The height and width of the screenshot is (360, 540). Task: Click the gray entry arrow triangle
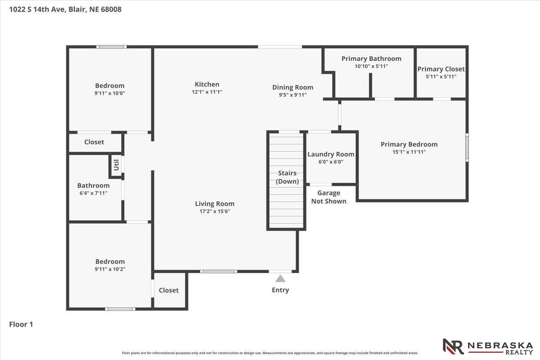[280, 279]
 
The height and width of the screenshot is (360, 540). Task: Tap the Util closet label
[117, 165]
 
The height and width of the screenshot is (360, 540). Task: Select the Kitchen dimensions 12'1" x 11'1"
[207, 92]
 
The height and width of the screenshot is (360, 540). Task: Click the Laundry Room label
[331, 154]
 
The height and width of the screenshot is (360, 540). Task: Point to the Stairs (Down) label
[287, 177]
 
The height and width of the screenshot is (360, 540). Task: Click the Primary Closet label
[441, 69]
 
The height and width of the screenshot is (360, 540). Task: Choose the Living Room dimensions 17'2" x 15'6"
[215, 211]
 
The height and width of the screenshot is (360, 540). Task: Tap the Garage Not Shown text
[329, 197]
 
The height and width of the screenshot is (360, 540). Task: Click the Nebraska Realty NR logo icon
[453, 347]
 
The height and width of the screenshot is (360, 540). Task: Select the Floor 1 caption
[21, 324]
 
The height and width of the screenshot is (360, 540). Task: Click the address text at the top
[65, 9]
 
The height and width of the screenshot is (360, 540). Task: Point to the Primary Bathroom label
[372, 58]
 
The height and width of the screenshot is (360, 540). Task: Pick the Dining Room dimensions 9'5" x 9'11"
[293, 95]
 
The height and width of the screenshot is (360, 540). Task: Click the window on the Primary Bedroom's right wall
[467, 147]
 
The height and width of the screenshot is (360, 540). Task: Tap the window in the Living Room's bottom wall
[219, 271]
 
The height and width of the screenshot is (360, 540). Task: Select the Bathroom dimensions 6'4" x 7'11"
[93, 193]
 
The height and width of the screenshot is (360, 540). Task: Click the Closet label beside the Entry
[169, 290]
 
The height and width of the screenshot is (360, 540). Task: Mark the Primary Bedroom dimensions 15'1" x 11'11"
[409, 152]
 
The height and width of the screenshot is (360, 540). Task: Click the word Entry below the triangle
[280, 290]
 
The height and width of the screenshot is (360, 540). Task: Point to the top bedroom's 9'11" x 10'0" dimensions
[110, 93]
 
